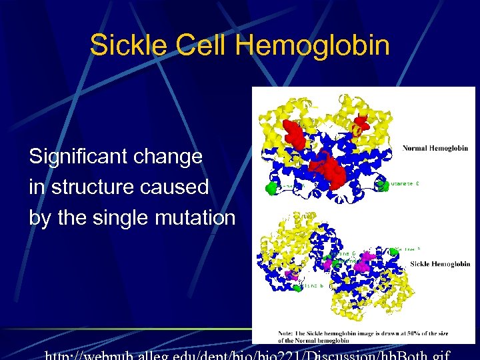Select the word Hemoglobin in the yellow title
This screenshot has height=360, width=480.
point(313,45)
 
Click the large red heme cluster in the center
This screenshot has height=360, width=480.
point(332,171)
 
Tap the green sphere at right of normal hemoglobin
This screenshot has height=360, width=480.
point(383,186)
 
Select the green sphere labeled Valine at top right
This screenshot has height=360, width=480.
point(394,250)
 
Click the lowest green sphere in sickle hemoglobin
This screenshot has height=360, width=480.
point(297,288)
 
